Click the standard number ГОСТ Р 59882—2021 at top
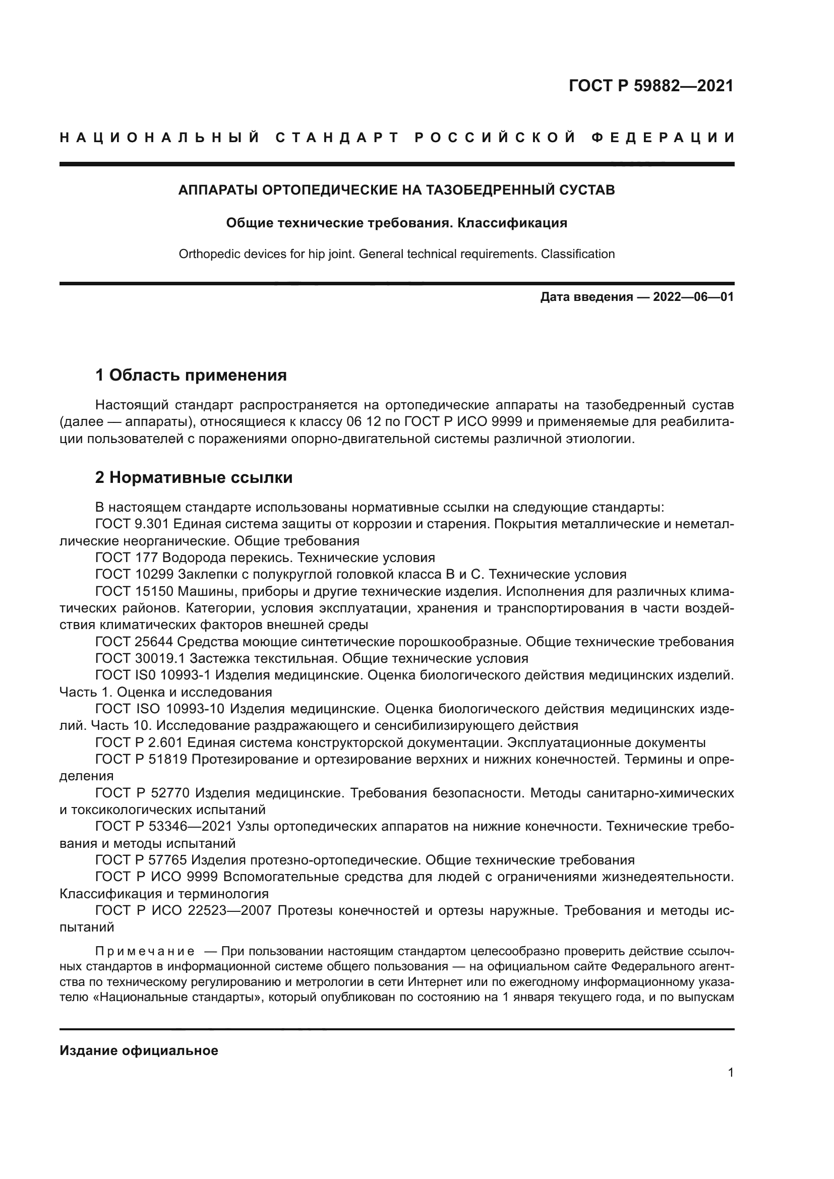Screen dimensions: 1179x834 point(650,86)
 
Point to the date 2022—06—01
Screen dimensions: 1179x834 point(693,297)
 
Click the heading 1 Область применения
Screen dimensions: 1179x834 point(191,376)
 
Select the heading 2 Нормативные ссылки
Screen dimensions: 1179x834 point(194,477)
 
